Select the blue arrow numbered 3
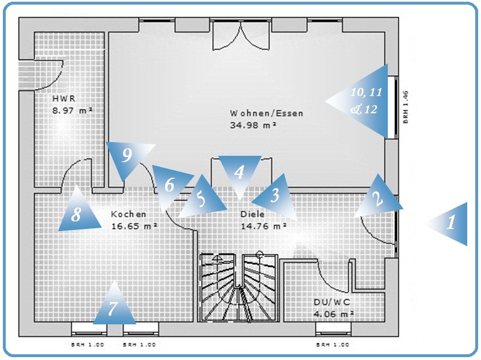click(275, 196)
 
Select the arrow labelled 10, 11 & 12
click(366, 101)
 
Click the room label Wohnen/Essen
click(266, 113)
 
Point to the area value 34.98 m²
click(253, 124)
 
